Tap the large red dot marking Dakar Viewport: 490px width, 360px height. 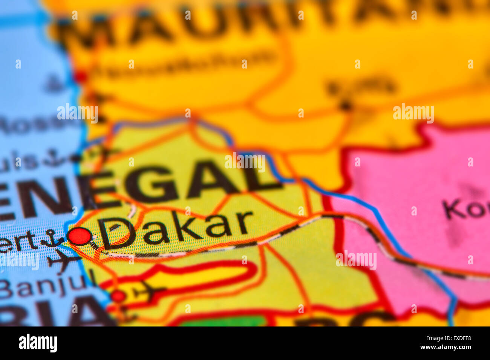(x=80, y=236)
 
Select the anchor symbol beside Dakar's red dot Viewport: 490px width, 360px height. (x=52, y=238)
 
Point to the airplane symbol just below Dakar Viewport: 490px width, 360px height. (x=62, y=260)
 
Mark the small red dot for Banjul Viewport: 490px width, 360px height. (x=118, y=296)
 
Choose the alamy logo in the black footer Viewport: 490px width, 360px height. (x=38, y=343)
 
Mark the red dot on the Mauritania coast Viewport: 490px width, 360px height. (x=80, y=77)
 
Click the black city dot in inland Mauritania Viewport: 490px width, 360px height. (x=345, y=105)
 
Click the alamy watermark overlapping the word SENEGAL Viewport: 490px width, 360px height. (x=245, y=162)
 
